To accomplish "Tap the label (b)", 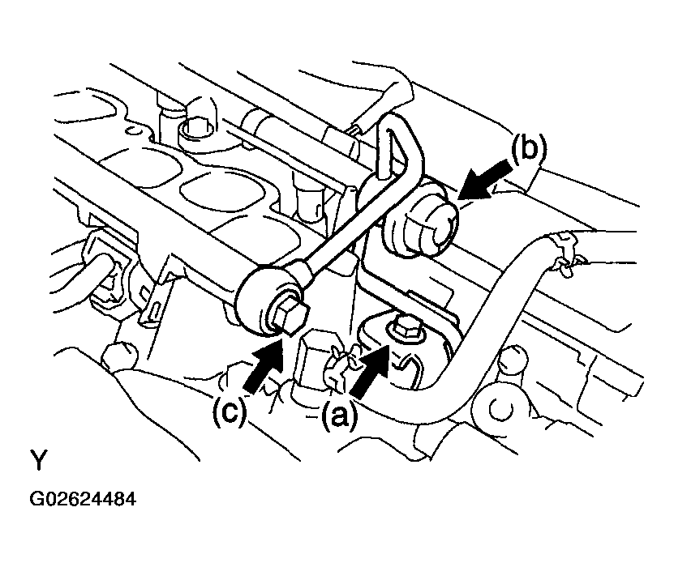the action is coord(529,149).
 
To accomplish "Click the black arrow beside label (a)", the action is coord(371,370).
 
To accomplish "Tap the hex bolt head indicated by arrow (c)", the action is coord(286,314).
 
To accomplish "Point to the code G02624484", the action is coord(83,499).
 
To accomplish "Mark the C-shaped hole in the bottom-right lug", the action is coord(500,410).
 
